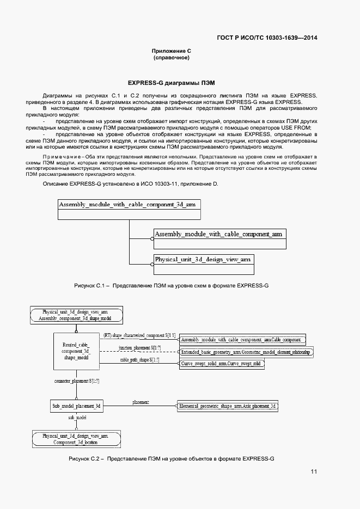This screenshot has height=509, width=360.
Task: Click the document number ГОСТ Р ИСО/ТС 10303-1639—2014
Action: coord(267,38)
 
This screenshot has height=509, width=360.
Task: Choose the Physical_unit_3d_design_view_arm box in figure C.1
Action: coord(203,260)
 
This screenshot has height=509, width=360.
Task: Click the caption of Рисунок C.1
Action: coord(171,285)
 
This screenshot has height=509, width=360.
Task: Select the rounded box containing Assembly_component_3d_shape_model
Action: coord(76,315)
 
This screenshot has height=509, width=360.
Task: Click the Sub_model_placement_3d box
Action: coord(76,406)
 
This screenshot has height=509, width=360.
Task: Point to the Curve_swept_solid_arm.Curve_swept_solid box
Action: coord(222,363)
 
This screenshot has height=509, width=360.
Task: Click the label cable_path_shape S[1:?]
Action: coord(139,360)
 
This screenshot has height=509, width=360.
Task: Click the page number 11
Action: coord(314,471)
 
